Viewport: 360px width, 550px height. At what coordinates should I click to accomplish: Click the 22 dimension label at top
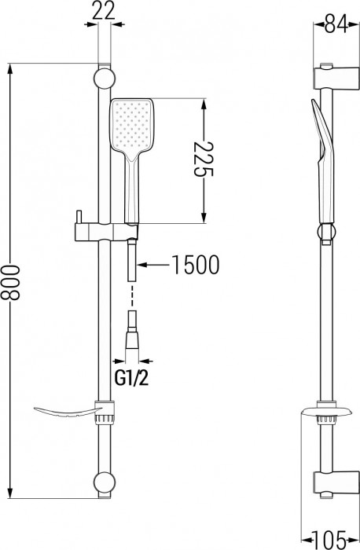(x=101, y=10)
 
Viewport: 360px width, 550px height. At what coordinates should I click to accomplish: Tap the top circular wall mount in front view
(x=101, y=78)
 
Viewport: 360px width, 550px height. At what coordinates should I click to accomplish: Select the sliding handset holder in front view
(x=102, y=233)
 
